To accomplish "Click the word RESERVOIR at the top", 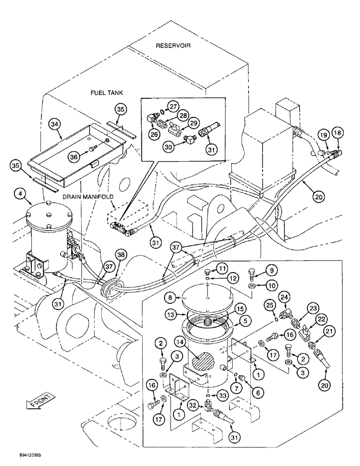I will point(173,46).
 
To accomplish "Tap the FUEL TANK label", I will point(106,93).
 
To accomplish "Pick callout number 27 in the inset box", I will point(173,106).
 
